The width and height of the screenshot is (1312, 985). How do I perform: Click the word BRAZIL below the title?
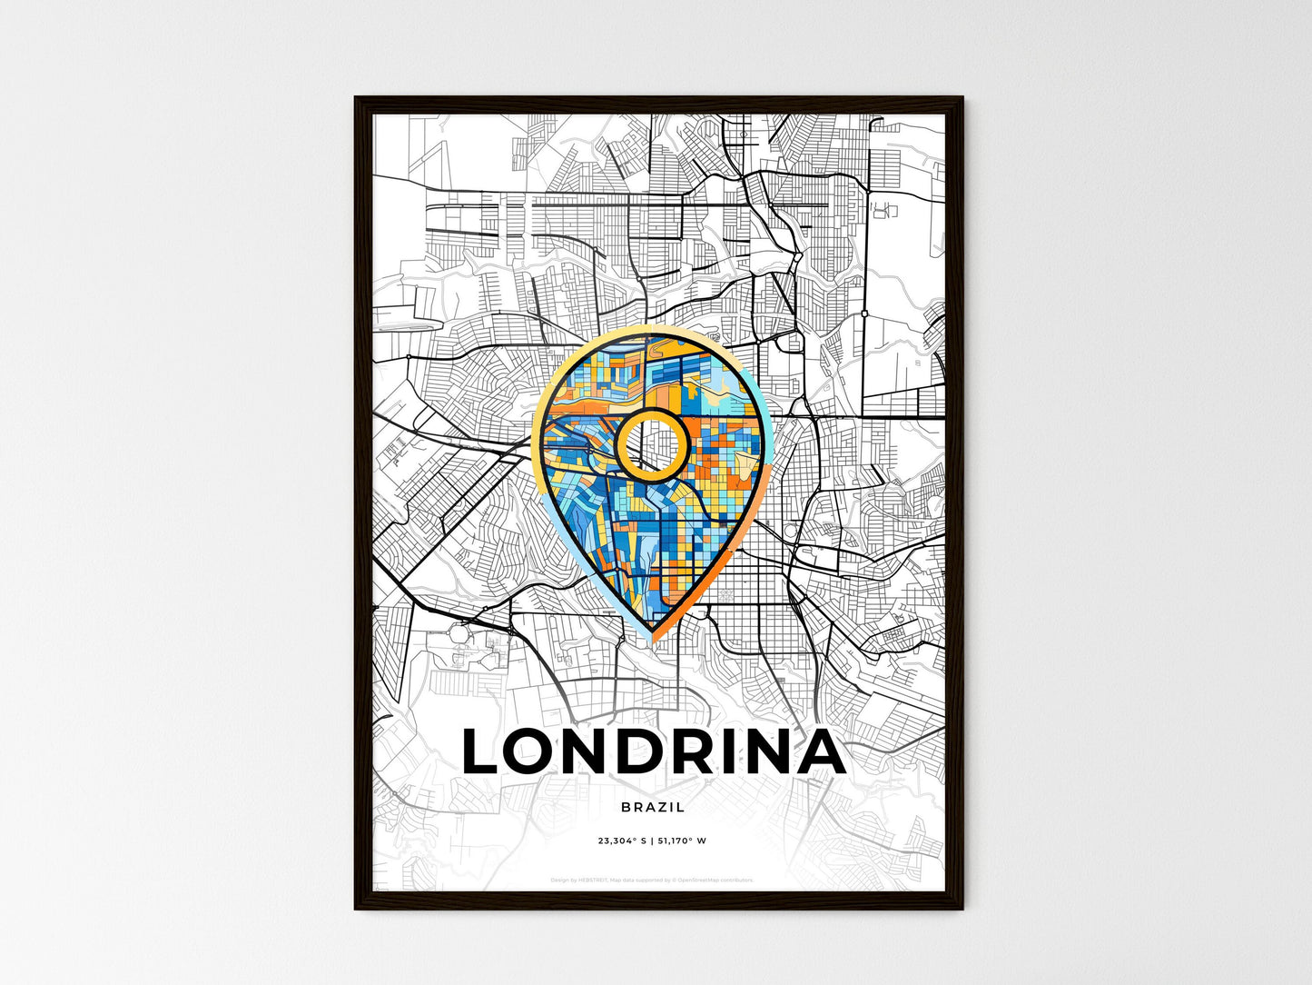pyautogui.click(x=653, y=807)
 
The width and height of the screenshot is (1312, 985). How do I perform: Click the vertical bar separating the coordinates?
pyautogui.click(x=651, y=841)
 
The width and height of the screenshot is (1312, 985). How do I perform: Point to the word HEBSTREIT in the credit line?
pyautogui.click(x=592, y=880)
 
